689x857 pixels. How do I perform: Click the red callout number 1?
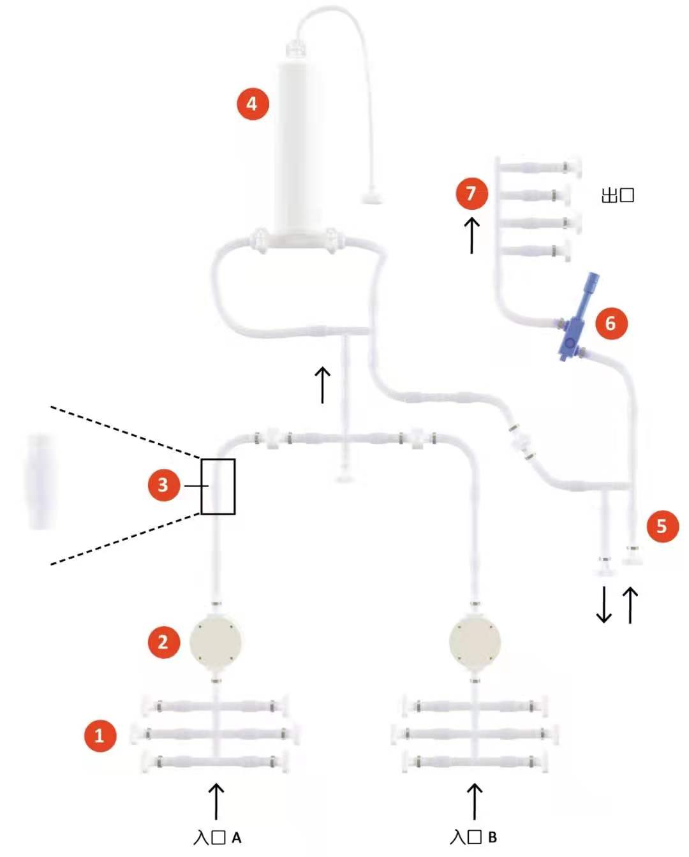[100, 735]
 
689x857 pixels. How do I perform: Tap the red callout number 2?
[163, 641]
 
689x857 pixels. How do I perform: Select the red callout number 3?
[163, 485]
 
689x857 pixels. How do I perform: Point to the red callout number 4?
[253, 103]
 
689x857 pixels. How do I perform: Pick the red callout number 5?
[662, 526]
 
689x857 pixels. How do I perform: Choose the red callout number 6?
[611, 323]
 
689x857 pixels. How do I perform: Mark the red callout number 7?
[471, 193]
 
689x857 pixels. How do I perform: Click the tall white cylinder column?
[297, 147]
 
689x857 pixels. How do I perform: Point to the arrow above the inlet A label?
[217, 801]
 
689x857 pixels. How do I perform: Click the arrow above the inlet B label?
[475, 801]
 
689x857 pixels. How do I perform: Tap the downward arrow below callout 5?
[604, 605]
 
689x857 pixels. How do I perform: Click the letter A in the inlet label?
[236, 838]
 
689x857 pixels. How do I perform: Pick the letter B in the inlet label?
[492, 838]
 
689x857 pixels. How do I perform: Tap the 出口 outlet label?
[618, 195]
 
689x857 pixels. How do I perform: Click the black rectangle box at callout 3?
[218, 487]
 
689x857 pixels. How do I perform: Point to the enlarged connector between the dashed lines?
[40, 481]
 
